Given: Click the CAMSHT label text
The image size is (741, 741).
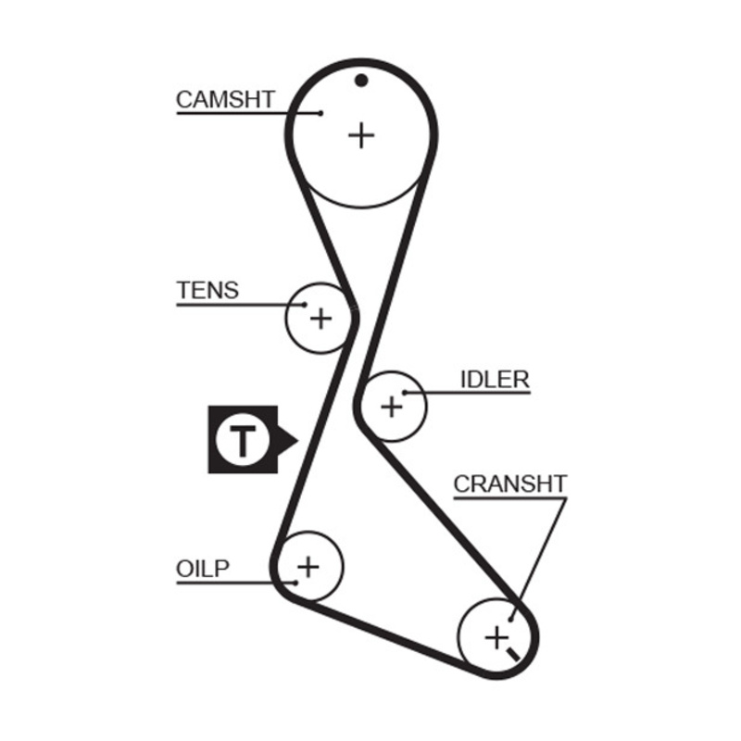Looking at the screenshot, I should (225, 99).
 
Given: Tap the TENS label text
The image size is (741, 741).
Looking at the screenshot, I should (207, 290).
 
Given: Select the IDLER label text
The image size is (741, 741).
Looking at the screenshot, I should (495, 379).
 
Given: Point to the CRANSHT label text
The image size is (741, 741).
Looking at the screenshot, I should (509, 484).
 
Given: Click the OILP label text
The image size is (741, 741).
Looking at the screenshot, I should (202, 568).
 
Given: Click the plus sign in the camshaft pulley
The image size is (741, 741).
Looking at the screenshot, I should (361, 136).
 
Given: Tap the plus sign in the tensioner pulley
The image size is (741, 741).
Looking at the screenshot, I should (320, 319).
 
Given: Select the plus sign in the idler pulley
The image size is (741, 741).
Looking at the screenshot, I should (392, 406).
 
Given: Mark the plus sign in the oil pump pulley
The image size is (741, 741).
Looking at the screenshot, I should (308, 565).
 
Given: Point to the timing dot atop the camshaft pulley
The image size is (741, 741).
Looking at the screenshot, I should (361, 80).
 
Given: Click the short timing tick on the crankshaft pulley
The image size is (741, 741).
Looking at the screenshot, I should (512, 655).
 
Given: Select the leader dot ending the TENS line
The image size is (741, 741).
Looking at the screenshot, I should (302, 304).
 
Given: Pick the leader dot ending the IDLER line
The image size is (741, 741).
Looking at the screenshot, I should (405, 393).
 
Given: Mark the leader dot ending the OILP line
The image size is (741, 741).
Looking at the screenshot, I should (294, 582).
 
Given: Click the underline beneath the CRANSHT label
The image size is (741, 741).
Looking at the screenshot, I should (509, 497).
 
